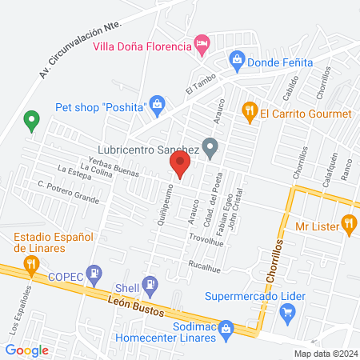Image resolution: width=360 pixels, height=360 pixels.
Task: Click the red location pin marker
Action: click(x=180, y=166)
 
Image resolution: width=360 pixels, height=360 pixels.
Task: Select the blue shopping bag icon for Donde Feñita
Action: click(x=237, y=59)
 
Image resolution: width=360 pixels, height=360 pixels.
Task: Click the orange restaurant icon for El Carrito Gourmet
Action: click(x=249, y=113)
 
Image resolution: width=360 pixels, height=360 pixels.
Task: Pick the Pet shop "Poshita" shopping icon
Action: click(x=158, y=105)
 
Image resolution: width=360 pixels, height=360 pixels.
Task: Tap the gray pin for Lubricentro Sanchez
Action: click(x=210, y=147)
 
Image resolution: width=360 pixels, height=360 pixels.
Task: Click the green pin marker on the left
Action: click(x=32, y=121)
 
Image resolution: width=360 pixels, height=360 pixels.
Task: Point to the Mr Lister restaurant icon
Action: click(x=348, y=225)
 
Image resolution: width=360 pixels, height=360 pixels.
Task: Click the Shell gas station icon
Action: click(x=150, y=284)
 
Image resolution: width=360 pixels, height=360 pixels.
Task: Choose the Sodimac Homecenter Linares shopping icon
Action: click(x=226, y=329)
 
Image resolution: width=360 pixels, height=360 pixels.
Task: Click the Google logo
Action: click(x=26, y=350)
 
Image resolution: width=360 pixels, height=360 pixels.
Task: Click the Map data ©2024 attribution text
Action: click(x=325, y=354)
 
